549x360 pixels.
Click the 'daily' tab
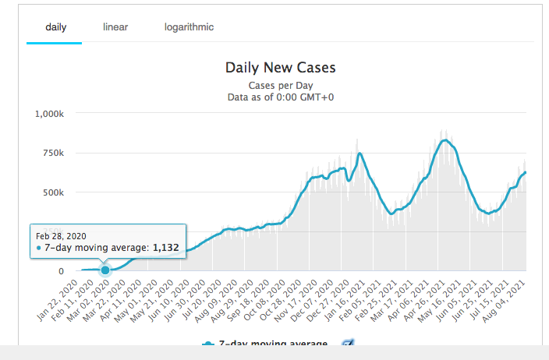pos(56,27)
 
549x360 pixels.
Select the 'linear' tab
pos(115,27)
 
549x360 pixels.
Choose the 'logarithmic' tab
pos(189,27)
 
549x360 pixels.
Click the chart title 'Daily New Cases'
pos(280,69)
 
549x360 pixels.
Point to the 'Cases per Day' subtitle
pos(280,85)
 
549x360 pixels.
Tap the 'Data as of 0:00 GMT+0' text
pos(280,97)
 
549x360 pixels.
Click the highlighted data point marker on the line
pos(105,270)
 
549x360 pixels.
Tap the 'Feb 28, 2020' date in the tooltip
pos(59,235)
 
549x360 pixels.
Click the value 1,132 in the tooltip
pos(165,248)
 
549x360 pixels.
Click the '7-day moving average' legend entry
pos(273,344)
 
